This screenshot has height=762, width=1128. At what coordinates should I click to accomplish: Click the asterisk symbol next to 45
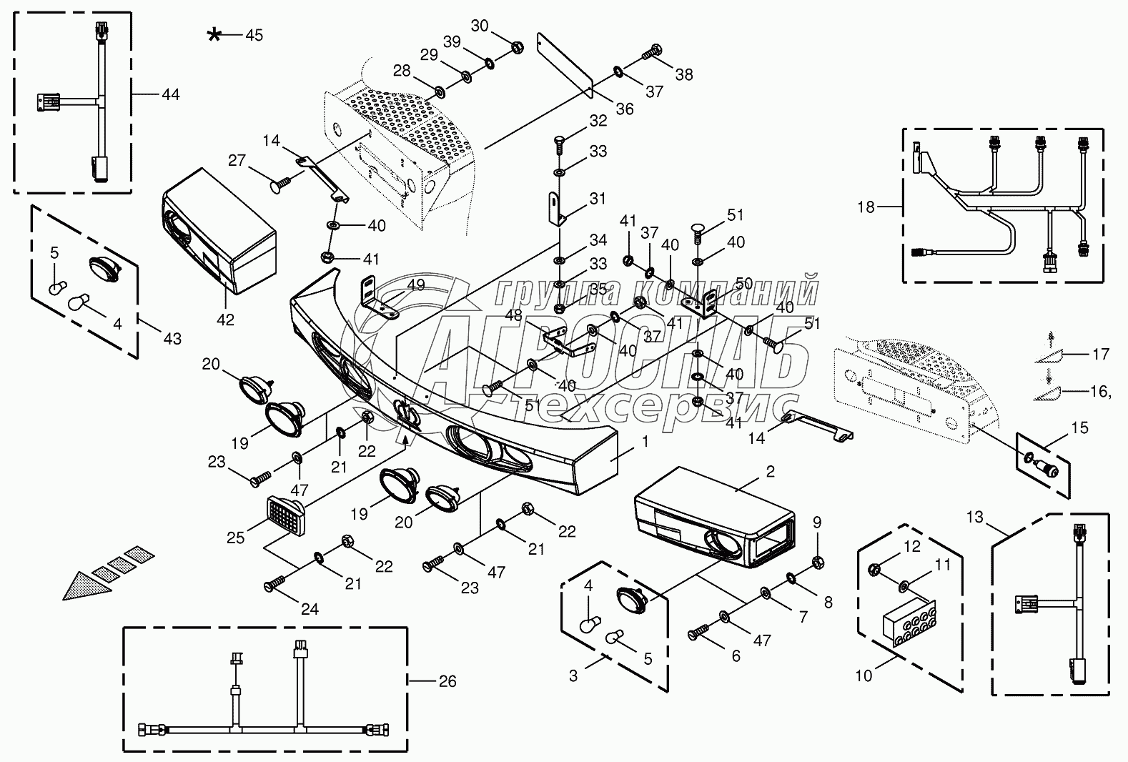coord(214,35)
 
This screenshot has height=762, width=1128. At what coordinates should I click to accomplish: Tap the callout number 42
coord(226,320)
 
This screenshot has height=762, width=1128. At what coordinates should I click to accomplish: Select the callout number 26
coord(447,681)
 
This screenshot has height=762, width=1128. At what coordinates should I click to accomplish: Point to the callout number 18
coord(866,207)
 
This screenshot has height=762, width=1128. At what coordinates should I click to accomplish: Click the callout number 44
coord(171,94)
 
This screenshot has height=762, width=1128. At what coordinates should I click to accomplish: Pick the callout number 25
coord(235,538)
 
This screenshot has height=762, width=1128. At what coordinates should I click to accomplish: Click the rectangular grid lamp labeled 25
coord(286,515)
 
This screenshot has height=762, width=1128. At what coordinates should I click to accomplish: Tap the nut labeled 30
coord(517,47)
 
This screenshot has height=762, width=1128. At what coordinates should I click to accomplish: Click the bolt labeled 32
coord(560,144)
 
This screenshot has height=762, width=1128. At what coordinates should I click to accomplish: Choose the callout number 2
coord(771,472)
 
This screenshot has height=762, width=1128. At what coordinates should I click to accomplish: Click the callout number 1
coord(645,442)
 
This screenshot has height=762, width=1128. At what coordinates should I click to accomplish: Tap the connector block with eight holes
coord(909,624)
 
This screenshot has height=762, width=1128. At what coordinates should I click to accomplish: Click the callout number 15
coord(1079,427)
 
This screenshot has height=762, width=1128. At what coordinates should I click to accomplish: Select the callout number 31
coord(598,199)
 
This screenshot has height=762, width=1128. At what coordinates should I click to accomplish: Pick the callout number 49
coord(416,284)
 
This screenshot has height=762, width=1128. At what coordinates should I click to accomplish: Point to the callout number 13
coord(975,518)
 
